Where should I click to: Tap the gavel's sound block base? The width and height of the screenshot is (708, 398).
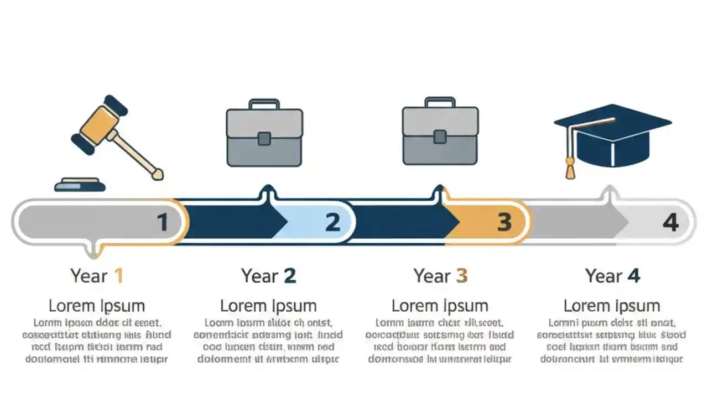pyautogui.click(x=80, y=185)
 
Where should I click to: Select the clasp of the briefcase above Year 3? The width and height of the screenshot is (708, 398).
pyautogui.click(x=440, y=137)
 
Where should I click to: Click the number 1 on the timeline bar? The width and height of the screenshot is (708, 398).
pyautogui.click(x=163, y=222)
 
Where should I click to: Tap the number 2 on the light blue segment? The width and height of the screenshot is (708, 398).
pyautogui.click(x=332, y=222)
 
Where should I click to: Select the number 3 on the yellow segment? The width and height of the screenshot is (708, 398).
pyautogui.click(x=504, y=222)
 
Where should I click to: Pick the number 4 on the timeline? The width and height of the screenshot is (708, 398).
pyautogui.click(x=670, y=222)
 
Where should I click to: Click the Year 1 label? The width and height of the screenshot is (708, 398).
pyautogui.click(x=96, y=275)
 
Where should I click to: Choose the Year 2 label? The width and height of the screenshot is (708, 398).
pyautogui.click(x=268, y=275)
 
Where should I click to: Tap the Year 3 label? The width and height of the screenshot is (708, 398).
pyautogui.click(x=440, y=275)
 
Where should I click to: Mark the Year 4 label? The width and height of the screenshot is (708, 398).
pyautogui.click(x=612, y=275)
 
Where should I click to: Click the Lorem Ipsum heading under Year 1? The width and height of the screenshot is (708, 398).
pyautogui.click(x=96, y=305)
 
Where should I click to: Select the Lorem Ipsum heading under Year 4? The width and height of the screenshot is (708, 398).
pyautogui.click(x=612, y=305)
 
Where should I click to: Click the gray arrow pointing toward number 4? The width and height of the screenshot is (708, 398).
pyautogui.click(x=575, y=222)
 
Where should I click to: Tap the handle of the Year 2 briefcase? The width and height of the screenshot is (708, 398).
pyautogui.click(x=264, y=104)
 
